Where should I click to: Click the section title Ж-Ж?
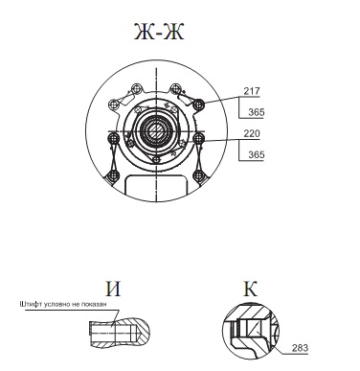point(159,32)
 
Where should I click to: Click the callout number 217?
point(252,91)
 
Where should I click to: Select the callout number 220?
point(252,133)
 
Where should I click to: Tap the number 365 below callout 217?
point(257,112)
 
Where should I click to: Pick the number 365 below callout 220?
point(257,154)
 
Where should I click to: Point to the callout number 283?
point(300,348)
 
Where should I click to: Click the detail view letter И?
point(113,289)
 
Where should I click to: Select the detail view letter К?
point(250,289)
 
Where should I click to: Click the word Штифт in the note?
point(31,304)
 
